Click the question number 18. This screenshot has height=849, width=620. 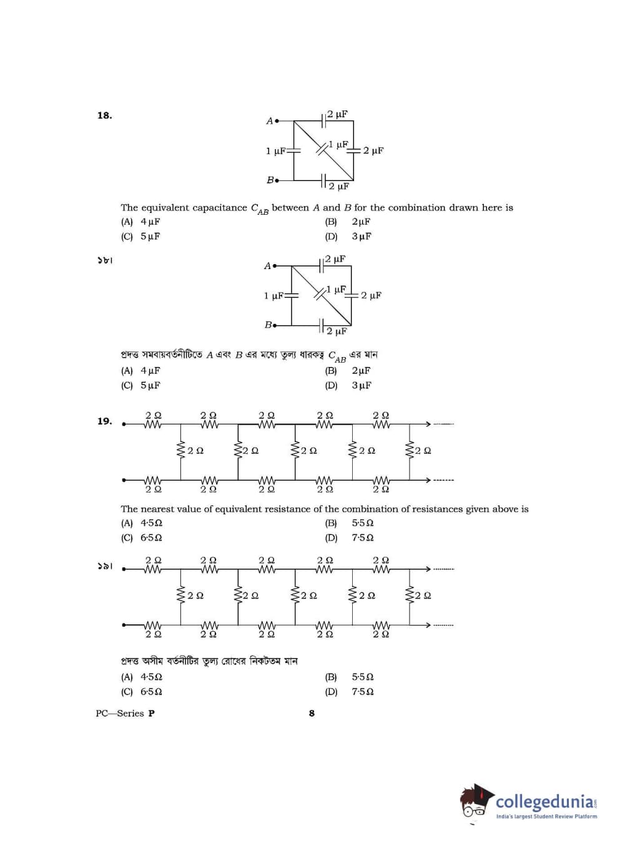104,115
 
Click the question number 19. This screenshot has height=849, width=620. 104,421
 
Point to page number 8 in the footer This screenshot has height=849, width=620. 312,713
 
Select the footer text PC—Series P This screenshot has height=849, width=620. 125,713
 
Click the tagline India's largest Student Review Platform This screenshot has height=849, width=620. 546,816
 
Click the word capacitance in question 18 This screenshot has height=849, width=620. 222,208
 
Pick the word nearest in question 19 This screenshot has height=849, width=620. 165,509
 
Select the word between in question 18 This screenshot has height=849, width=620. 290,208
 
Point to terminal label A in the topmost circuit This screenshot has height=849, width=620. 269,121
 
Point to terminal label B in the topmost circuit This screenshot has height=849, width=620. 270,180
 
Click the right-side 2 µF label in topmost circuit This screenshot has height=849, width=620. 373,151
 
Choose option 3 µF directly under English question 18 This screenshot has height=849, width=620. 361,237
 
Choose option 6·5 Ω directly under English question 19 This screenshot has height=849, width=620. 150,537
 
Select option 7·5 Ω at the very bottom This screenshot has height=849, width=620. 362,692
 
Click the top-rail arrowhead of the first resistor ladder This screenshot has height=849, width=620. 428,424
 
